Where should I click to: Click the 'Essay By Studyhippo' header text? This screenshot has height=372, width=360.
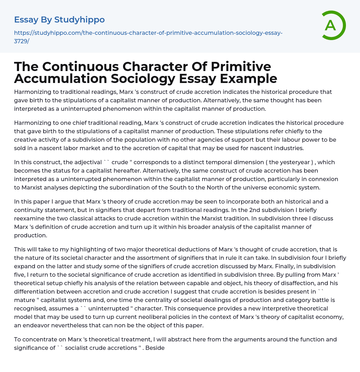click(x=59, y=20)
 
